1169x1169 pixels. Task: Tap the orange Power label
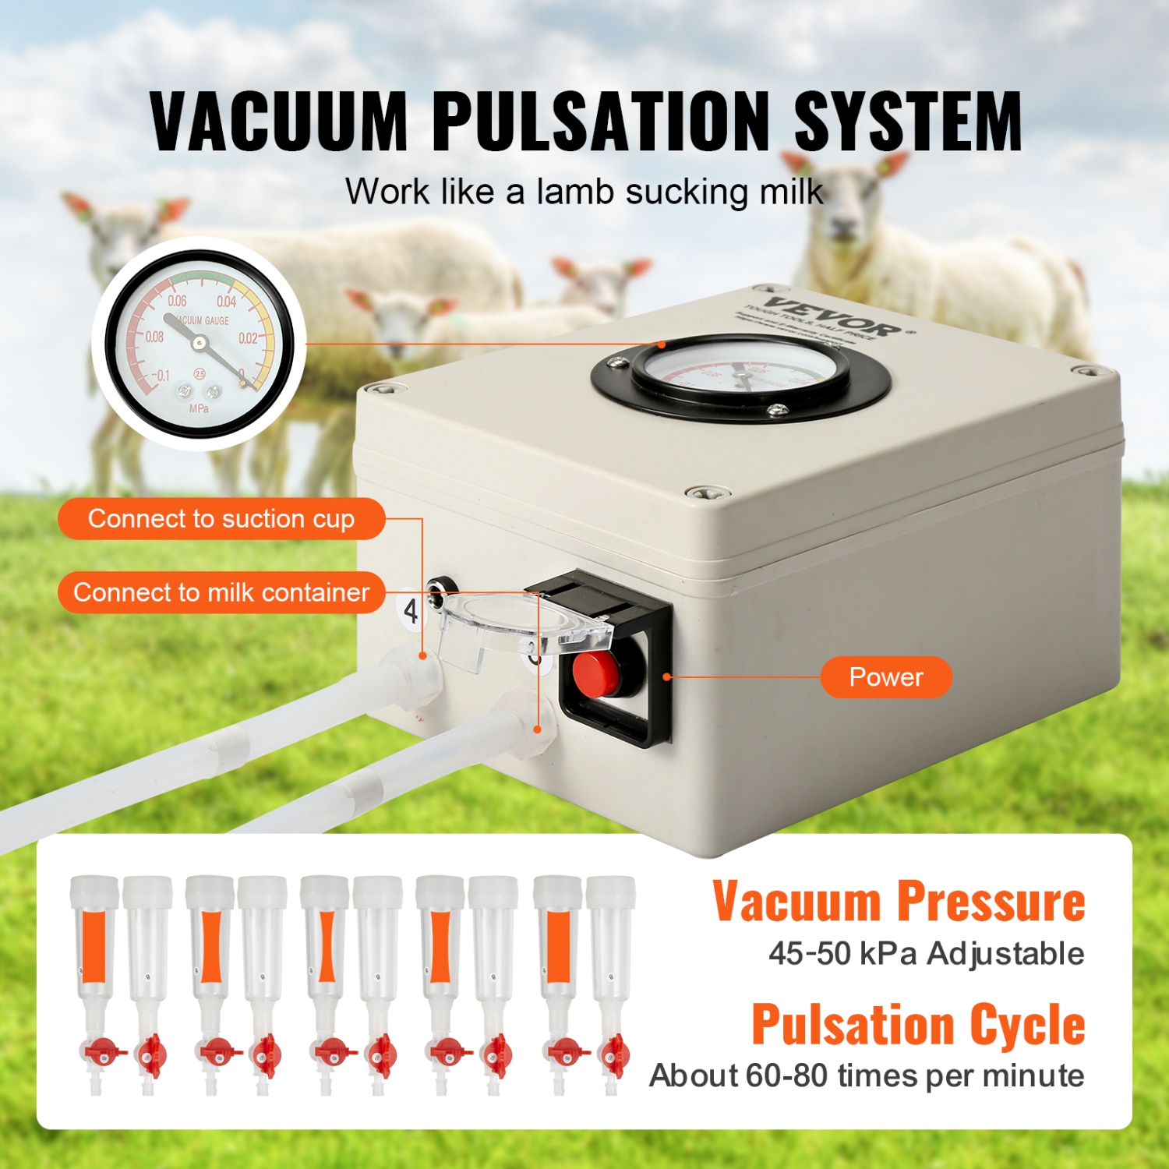tap(886, 677)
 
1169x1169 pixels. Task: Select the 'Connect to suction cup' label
tap(221, 519)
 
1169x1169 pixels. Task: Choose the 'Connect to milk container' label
tap(221, 593)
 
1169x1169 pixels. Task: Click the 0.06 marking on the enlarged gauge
tap(177, 301)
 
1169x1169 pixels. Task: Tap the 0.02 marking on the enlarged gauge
tap(248, 338)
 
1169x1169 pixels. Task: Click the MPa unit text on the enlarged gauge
tap(199, 408)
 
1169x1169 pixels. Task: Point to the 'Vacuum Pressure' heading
tap(899, 902)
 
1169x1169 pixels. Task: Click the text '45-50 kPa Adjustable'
tap(926, 953)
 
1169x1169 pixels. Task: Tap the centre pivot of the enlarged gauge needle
tap(199, 342)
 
